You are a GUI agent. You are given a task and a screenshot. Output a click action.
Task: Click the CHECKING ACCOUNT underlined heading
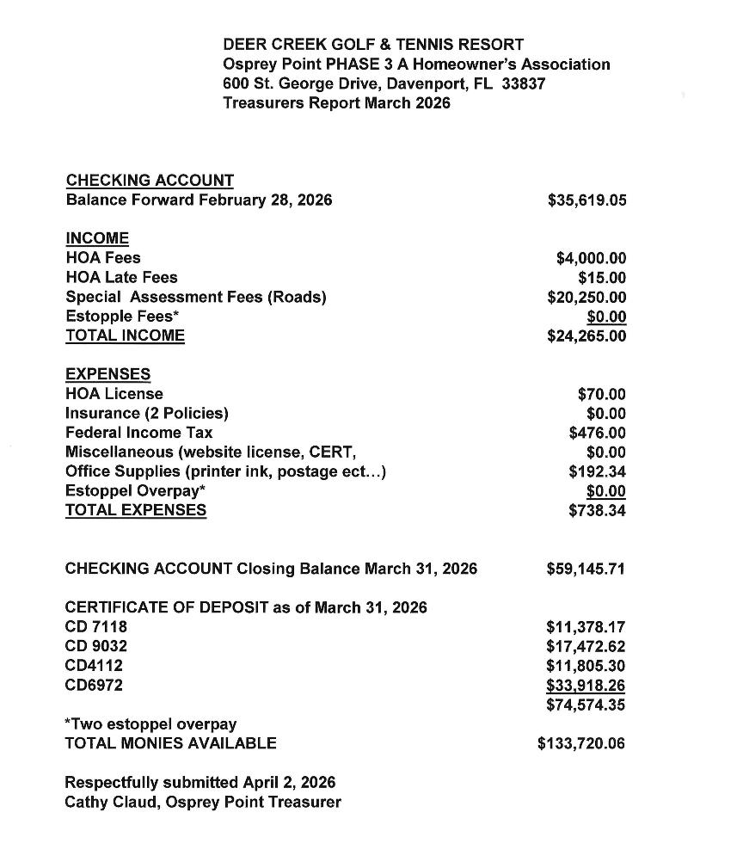click(x=150, y=181)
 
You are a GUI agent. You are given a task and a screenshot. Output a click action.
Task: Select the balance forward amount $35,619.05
click(x=586, y=200)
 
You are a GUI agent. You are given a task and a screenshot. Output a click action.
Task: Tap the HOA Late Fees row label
click(x=121, y=277)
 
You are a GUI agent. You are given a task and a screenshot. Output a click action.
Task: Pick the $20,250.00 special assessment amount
click(x=586, y=297)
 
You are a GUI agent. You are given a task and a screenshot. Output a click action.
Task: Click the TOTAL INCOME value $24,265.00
click(x=586, y=336)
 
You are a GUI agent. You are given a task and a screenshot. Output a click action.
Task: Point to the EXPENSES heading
click(x=107, y=374)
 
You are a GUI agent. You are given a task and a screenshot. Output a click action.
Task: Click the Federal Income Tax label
click(x=138, y=433)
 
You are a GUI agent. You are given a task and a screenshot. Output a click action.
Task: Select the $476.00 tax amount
click(x=598, y=433)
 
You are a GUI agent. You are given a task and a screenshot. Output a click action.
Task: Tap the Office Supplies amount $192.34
click(x=598, y=471)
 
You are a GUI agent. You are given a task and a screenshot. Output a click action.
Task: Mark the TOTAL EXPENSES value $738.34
click(x=598, y=511)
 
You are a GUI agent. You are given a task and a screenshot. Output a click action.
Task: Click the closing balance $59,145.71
click(x=586, y=569)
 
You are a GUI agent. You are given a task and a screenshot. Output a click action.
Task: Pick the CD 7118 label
click(x=95, y=627)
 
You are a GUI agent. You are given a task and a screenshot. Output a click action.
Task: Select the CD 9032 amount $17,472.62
click(x=586, y=646)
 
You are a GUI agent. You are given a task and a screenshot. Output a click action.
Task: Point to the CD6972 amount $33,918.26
click(x=586, y=686)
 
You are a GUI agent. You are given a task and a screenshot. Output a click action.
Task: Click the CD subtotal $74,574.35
click(x=586, y=705)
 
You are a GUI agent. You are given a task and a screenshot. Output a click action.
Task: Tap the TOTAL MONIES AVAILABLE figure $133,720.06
click(x=581, y=743)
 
